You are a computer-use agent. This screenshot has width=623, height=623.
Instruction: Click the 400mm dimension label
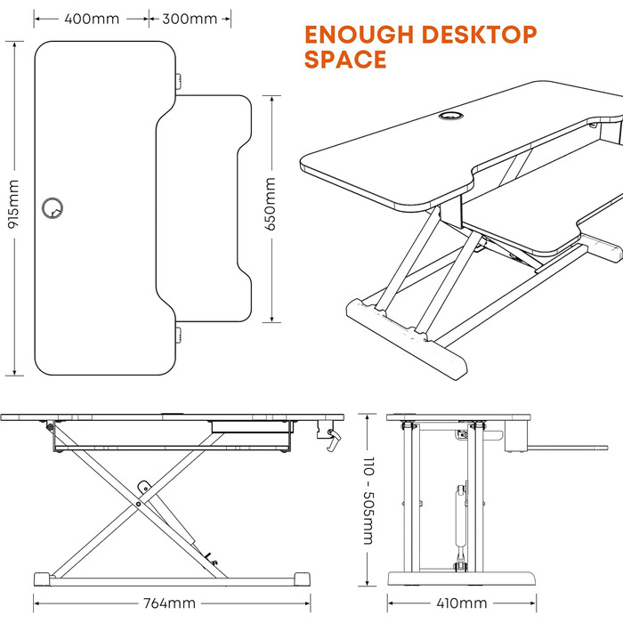tap(92, 19)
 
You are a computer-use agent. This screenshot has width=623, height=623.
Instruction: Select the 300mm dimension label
tap(190, 19)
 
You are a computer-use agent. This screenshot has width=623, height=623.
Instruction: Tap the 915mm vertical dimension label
tap(13, 204)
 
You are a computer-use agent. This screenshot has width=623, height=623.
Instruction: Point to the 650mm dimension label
tap(271, 204)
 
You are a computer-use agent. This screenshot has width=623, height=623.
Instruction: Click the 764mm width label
tap(169, 603)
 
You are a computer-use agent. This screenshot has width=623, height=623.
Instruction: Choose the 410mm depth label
tap(462, 603)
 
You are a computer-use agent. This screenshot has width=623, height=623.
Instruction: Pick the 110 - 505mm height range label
tap(368, 500)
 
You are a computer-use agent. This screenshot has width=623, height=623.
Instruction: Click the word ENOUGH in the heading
tap(360, 35)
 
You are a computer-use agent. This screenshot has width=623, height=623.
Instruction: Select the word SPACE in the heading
tap(345, 60)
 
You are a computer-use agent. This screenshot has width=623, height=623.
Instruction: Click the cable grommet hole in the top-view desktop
tap(53, 207)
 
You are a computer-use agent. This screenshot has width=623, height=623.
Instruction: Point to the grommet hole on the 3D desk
tap(451, 116)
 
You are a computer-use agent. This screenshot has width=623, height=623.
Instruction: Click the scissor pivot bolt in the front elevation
tap(138, 505)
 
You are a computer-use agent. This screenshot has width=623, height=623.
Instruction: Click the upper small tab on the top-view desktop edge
tap(179, 82)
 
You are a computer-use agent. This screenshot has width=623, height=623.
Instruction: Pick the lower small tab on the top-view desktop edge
tap(179, 335)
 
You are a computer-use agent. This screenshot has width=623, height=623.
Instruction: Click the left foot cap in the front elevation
tap(42, 578)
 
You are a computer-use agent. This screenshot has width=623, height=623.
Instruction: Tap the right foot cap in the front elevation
tap(303, 578)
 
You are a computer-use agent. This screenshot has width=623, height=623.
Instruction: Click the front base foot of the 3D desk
tap(407, 339)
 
